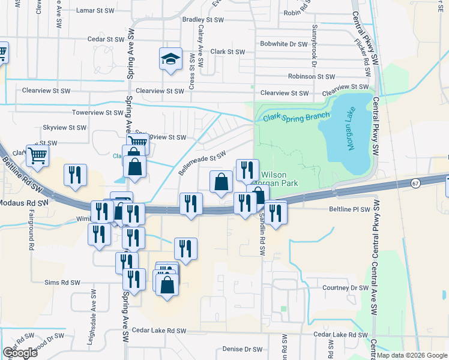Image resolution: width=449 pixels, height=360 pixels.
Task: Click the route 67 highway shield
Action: tap(415, 182)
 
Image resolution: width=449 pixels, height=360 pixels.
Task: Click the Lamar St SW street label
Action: tap(97, 11)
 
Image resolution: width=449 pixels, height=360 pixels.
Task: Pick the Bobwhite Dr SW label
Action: tap(283, 44)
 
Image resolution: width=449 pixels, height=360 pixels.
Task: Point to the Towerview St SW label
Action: tap(97, 112)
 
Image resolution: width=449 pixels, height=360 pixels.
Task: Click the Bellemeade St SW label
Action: tap(202, 163)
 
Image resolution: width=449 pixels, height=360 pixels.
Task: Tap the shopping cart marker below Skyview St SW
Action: tap(37, 155)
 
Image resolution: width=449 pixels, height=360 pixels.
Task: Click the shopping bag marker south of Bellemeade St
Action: tap(221, 182)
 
